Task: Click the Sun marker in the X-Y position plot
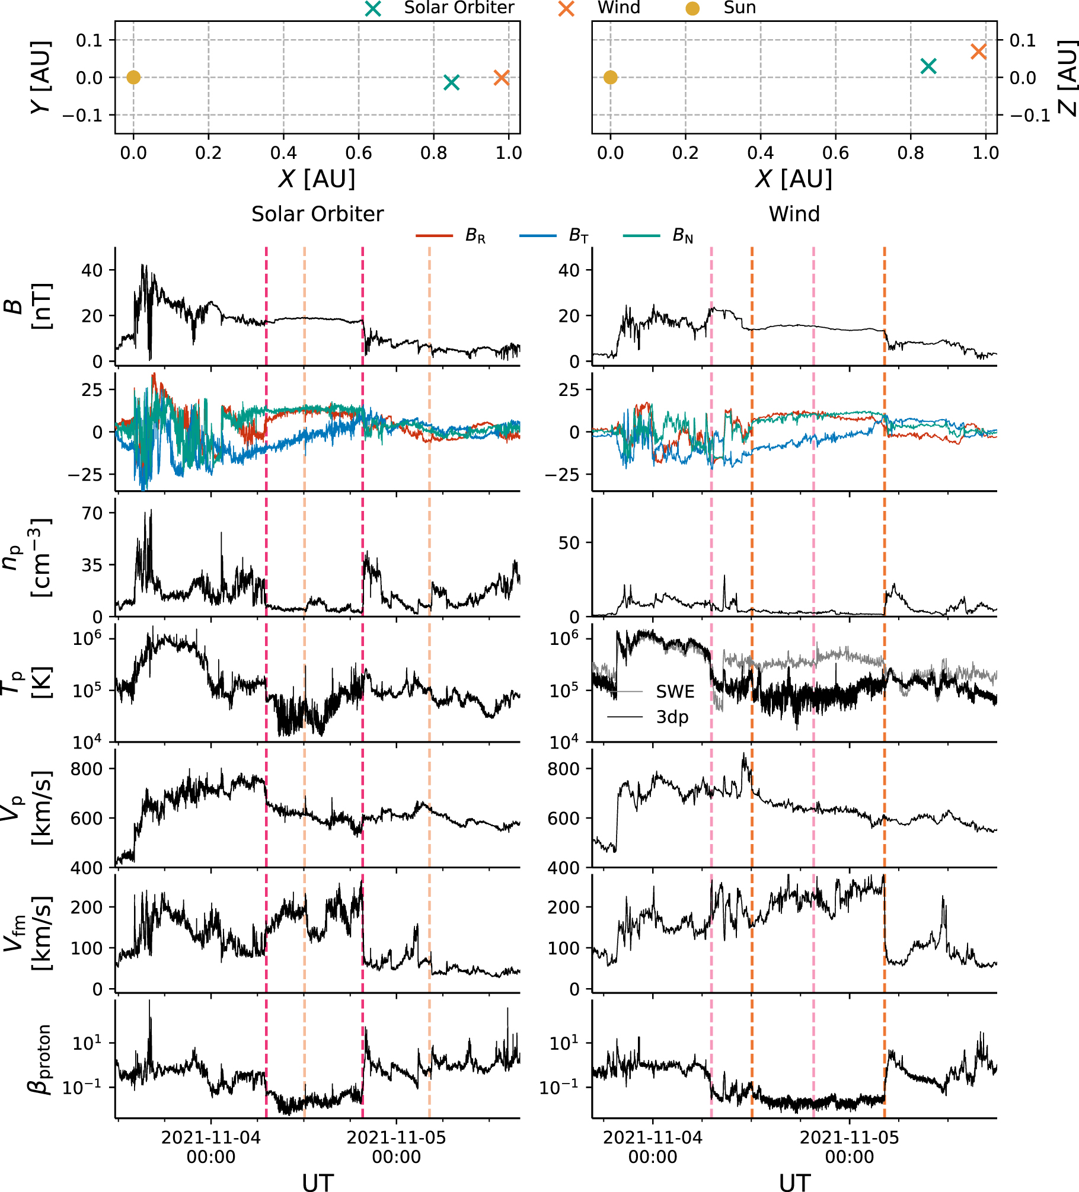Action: [x=133, y=78]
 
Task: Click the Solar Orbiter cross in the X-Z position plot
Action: [x=928, y=66]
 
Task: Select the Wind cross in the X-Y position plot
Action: [x=502, y=78]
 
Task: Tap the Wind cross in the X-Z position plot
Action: [x=978, y=52]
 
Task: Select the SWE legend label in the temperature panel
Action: [x=675, y=692]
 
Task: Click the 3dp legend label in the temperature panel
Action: [x=672, y=717]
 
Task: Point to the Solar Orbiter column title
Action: [x=317, y=214]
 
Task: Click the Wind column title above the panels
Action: [x=794, y=214]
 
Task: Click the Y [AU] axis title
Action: [x=40, y=78]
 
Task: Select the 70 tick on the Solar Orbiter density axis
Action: [x=92, y=513]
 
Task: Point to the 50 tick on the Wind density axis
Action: [x=569, y=543]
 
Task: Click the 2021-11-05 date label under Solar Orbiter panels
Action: [x=396, y=1147]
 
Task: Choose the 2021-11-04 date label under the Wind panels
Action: [x=652, y=1147]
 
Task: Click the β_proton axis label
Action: [x=39, y=1059]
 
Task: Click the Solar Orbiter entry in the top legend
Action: [x=458, y=8]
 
